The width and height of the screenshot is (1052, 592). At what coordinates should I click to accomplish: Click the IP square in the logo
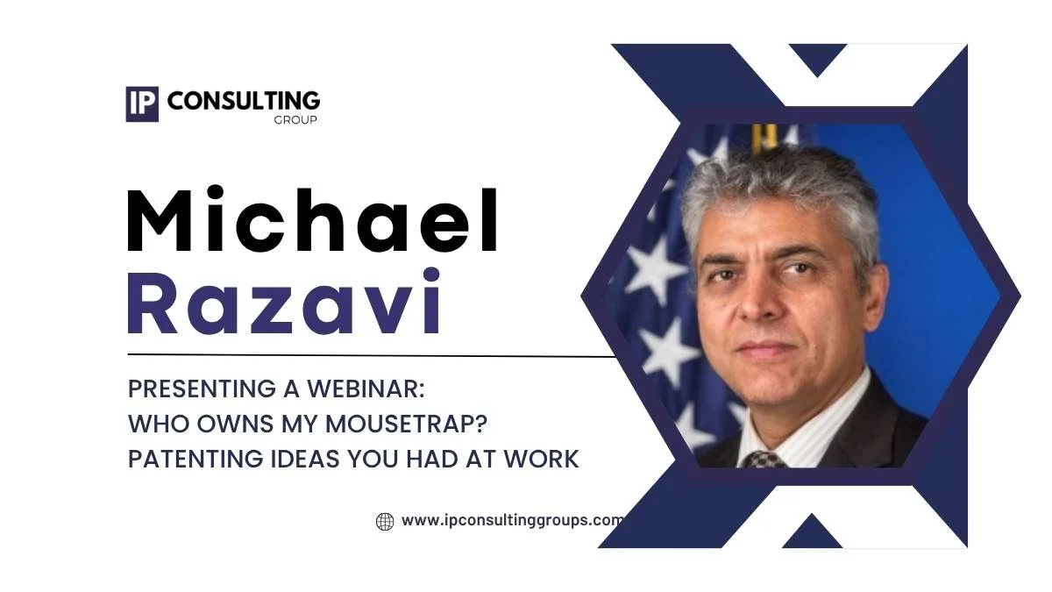tap(141, 103)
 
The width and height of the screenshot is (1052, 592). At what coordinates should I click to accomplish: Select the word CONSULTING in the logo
tap(243, 101)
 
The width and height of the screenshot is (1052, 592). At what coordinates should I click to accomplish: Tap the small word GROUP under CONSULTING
tap(295, 120)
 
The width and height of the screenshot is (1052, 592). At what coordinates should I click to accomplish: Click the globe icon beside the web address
tap(385, 522)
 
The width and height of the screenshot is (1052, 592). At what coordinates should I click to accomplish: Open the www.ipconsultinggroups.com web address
tap(512, 520)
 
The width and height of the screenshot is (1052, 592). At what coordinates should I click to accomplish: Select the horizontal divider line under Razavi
tap(368, 356)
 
